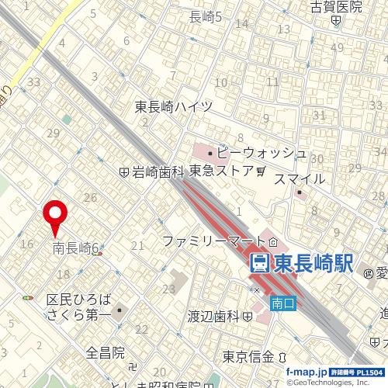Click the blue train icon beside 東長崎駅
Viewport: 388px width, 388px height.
[260, 263]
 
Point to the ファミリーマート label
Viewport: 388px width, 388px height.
[207, 242]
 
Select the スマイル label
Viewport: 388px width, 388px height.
[300, 179]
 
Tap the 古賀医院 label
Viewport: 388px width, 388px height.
[336, 7]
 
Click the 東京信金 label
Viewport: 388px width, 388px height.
[248, 357]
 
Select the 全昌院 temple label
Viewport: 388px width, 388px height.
[106, 353]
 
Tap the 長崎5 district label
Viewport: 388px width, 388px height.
[206, 16]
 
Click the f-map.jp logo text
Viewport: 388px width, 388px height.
[306, 372]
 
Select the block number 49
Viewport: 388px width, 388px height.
[336, 48]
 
